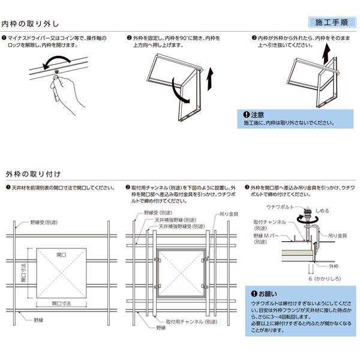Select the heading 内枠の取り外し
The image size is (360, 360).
pos(31,24)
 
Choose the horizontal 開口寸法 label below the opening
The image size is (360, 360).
pos(61,304)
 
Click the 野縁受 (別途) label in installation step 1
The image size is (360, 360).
pos(43,222)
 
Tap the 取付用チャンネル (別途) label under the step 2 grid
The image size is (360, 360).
pos(191,322)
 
